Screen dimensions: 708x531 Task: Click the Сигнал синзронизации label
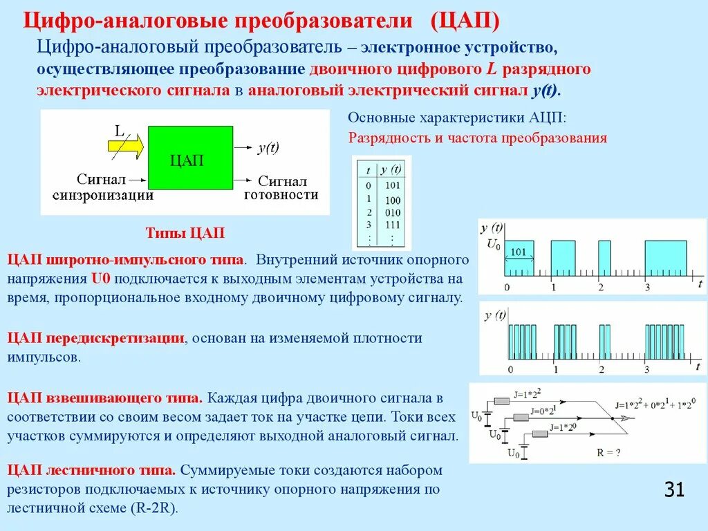click(x=104, y=187)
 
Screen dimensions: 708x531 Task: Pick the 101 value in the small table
click(x=392, y=185)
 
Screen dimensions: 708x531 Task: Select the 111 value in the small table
click(x=392, y=225)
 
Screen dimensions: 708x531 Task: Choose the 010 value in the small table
click(x=392, y=212)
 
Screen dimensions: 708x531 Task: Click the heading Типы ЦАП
click(x=185, y=233)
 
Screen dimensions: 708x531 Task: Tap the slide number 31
click(x=674, y=490)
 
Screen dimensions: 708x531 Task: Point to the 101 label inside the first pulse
click(x=519, y=252)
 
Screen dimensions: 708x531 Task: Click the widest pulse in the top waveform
click(x=666, y=258)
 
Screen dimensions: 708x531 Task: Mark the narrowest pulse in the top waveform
click(x=604, y=258)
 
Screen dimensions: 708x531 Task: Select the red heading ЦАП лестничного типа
click(x=91, y=471)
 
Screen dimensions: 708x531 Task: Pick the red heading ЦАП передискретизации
click(x=96, y=338)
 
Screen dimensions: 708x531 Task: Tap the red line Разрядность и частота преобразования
click(x=477, y=138)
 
